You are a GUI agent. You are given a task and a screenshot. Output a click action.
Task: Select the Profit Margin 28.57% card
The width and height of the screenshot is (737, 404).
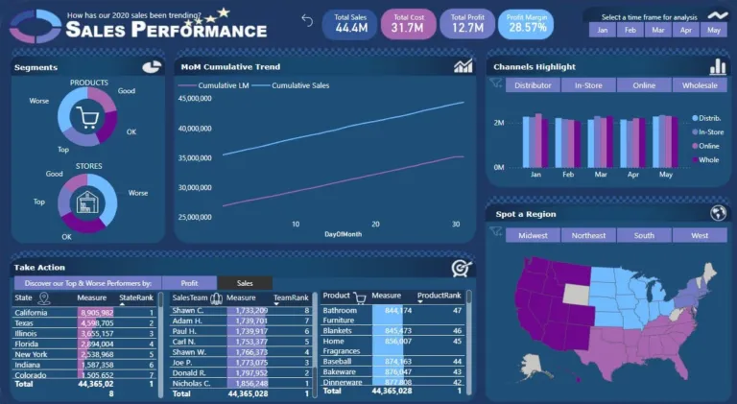pyautogui.click(x=527, y=23)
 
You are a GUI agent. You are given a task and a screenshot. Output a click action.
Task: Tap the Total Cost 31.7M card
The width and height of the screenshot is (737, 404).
pyautogui.click(x=408, y=23)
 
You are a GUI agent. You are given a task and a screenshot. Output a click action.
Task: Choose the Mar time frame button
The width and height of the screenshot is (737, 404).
pyautogui.click(x=656, y=31)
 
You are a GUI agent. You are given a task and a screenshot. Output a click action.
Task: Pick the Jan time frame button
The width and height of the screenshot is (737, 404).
pyautogui.click(x=603, y=31)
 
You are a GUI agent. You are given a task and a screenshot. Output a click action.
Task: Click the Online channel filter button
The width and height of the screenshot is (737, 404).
pyautogui.click(x=644, y=85)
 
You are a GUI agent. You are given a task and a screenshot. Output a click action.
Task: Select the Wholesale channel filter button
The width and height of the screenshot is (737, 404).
pyautogui.click(x=700, y=85)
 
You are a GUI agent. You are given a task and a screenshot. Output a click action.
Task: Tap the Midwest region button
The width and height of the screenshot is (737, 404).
pyautogui.click(x=533, y=235)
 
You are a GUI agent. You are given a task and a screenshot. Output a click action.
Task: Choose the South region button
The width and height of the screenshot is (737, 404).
pyautogui.click(x=644, y=235)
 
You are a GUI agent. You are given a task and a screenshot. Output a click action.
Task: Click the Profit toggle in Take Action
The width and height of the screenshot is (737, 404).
pyautogui.click(x=189, y=283)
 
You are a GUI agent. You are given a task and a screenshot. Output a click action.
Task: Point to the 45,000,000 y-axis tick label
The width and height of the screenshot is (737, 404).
pyautogui.click(x=195, y=98)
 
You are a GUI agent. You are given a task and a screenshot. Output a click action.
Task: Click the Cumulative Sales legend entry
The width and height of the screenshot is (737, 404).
pyautogui.click(x=302, y=85)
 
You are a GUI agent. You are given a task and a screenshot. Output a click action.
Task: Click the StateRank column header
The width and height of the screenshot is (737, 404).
pyautogui.click(x=136, y=298)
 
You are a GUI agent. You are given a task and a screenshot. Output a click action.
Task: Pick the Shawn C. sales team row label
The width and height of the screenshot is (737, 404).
pyautogui.click(x=188, y=311)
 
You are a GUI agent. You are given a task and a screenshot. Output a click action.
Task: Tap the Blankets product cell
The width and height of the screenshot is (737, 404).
pyautogui.click(x=339, y=330)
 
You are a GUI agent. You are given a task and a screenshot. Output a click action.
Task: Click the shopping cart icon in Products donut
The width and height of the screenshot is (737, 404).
pyautogui.click(x=87, y=118)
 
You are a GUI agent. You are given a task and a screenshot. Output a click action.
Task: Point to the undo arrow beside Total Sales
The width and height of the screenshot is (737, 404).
pyautogui.click(x=307, y=20)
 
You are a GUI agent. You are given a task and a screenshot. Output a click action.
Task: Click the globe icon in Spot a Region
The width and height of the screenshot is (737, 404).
pyautogui.click(x=718, y=213)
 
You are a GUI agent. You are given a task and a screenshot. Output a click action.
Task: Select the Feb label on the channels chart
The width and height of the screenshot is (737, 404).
pyautogui.click(x=568, y=176)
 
